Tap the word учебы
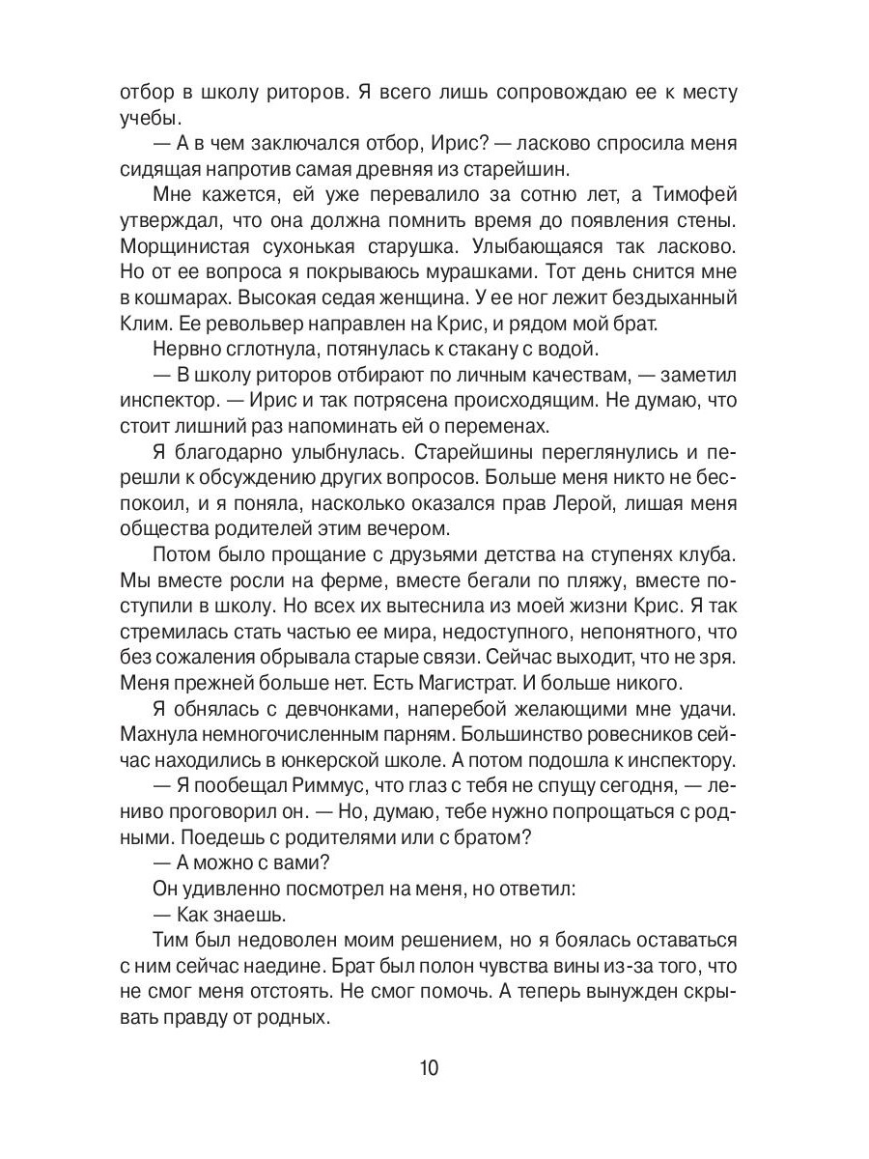click(147, 119)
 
